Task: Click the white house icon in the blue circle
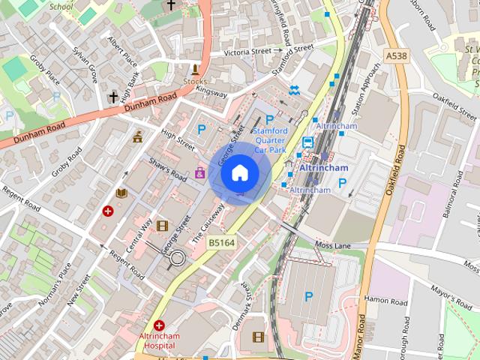click(x=239, y=173)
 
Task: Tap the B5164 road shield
click(x=222, y=242)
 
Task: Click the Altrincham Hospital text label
click(x=159, y=341)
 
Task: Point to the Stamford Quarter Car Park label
click(x=271, y=139)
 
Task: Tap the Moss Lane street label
click(x=332, y=245)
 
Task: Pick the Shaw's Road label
click(x=166, y=169)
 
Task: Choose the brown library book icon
click(x=121, y=193)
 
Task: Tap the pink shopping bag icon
click(x=200, y=173)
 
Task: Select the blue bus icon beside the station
click(x=307, y=142)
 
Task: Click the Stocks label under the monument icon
click(x=196, y=80)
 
